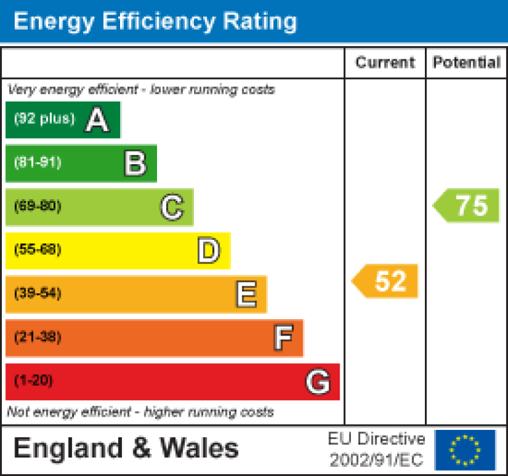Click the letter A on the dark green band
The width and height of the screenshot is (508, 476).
pyautogui.click(x=97, y=120)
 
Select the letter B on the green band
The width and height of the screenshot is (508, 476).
pyautogui.click(x=135, y=164)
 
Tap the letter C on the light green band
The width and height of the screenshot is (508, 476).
pyautogui.click(x=172, y=208)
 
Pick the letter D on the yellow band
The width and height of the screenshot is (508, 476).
pyautogui.click(x=208, y=251)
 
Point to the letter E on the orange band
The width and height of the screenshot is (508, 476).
pyautogui.click(x=246, y=295)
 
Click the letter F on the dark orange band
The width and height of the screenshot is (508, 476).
pyautogui.click(x=283, y=338)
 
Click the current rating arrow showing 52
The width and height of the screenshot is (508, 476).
pyautogui.click(x=385, y=281)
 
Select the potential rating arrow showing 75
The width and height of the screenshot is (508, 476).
pyautogui.click(x=467, y=206)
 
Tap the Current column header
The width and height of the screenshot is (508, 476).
pyautogui.click(x=385, y=63)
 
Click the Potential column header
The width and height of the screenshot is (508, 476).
pyautogui.click(x=466, y=63)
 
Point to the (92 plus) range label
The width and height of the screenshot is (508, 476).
pyautogui.click(x=44, y=119)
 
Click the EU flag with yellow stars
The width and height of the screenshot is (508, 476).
pyautogui.click(x=465, y=449)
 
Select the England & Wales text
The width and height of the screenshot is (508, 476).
pyautogui.click(x=126, y=448)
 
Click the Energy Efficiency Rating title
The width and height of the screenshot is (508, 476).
pyautogui.click(x=155, y=21)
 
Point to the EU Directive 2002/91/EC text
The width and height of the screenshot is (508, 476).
pyautogui.click(x=376, y=449)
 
